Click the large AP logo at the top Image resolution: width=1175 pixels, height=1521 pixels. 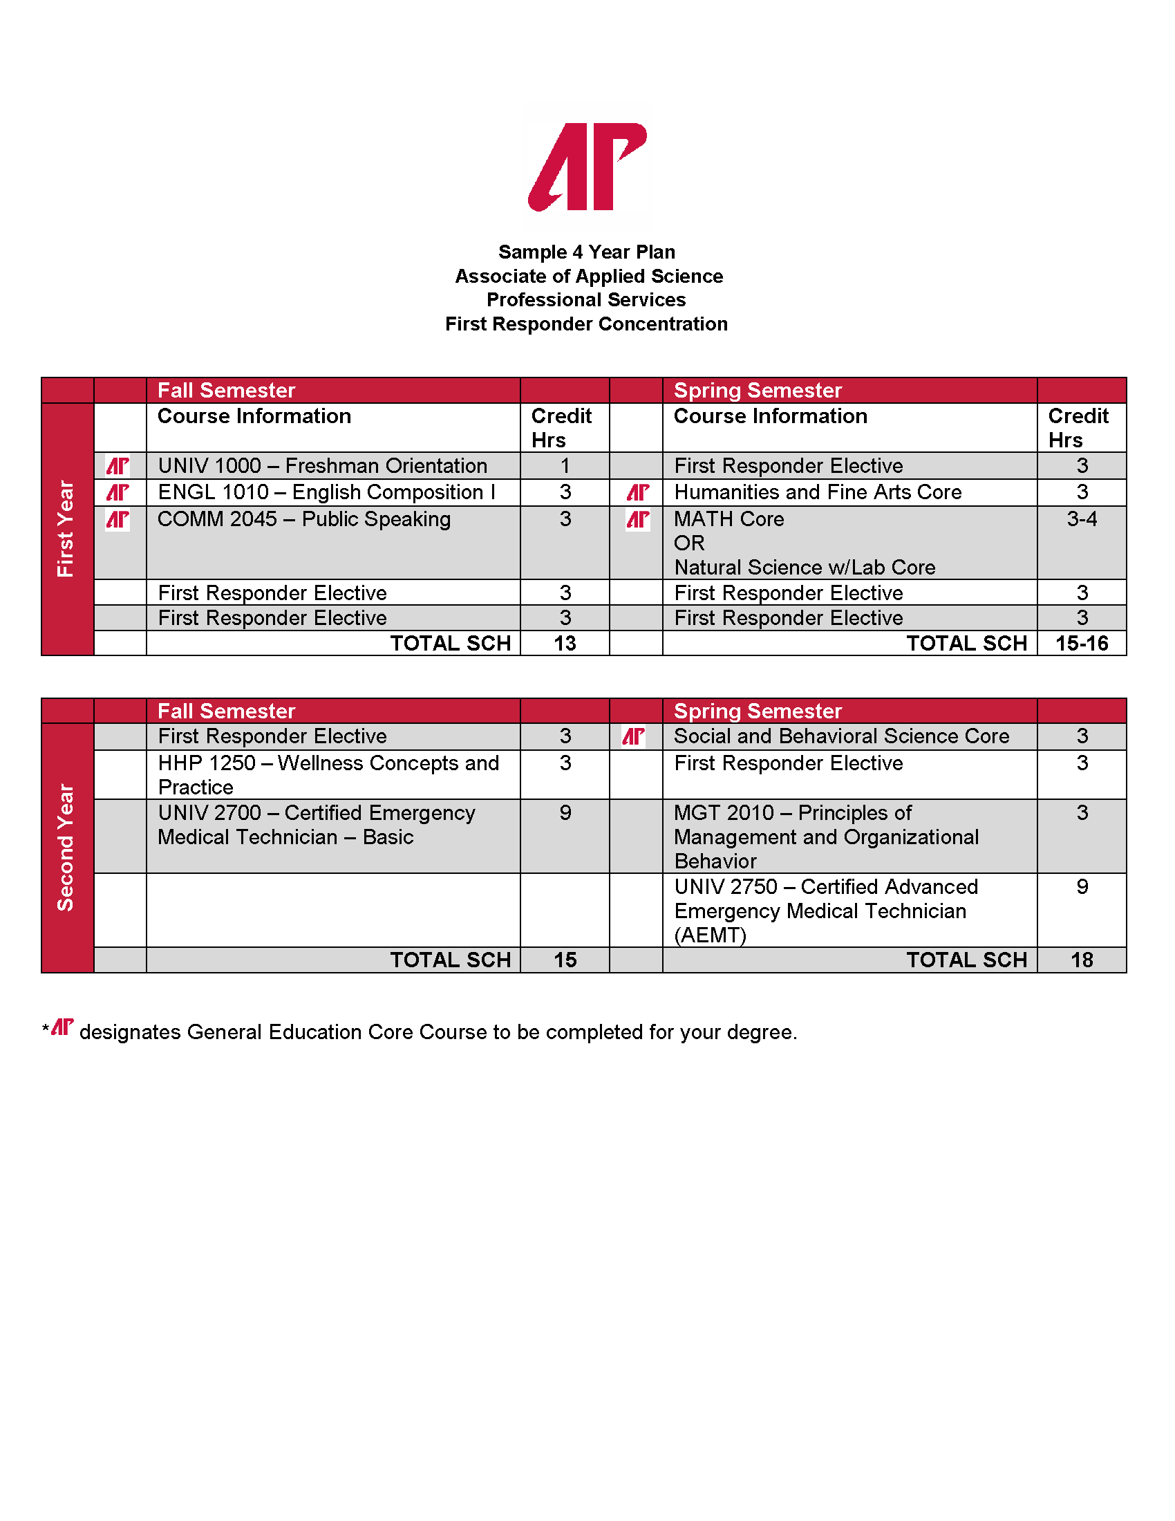587,167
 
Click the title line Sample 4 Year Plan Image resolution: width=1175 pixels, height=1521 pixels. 586,252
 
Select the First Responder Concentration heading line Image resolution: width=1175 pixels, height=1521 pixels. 586,324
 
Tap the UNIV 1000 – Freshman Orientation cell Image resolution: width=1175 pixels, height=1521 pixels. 322,465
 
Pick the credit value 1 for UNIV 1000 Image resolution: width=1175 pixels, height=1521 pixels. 565,465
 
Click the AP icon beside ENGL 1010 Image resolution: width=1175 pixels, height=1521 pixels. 117,492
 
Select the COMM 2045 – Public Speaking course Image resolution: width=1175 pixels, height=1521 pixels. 304,519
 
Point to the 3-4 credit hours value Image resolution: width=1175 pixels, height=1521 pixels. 1081,519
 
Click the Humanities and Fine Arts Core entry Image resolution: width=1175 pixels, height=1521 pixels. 817,492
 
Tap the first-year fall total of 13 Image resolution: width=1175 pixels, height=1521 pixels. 565,643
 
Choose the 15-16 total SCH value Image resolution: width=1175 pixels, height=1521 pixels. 1081,643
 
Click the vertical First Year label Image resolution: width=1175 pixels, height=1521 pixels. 66,529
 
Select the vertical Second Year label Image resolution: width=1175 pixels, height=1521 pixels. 66,847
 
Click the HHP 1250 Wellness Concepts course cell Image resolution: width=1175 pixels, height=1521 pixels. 328,774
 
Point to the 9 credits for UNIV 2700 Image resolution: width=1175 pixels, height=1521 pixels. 565,813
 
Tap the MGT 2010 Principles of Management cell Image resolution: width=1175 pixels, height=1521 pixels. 825,837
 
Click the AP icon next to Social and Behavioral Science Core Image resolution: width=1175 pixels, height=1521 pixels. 633,736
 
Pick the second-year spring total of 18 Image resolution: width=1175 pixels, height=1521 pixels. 1081,960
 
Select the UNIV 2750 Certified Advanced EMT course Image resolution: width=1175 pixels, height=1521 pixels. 825,911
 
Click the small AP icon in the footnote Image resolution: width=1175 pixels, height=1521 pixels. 62,1027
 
